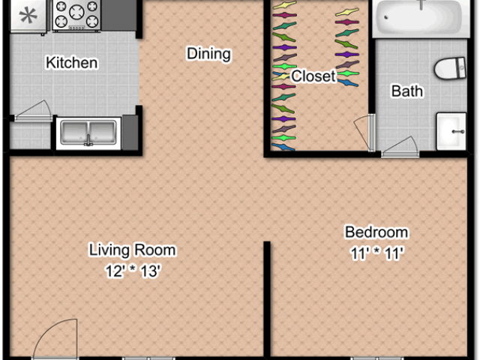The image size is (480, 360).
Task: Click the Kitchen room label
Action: click(72, 62)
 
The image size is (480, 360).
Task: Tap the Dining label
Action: click(208, 54)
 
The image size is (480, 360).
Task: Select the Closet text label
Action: click(313, 76)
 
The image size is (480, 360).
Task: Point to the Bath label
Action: click(407, 91)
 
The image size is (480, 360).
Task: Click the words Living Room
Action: click(133, 250)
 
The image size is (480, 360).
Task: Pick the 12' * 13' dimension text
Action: click(133, 271)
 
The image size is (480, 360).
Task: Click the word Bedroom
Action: click(376, 232)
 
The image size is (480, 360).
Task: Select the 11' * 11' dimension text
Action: click(376, 253)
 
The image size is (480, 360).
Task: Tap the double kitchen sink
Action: click(88, 133)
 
